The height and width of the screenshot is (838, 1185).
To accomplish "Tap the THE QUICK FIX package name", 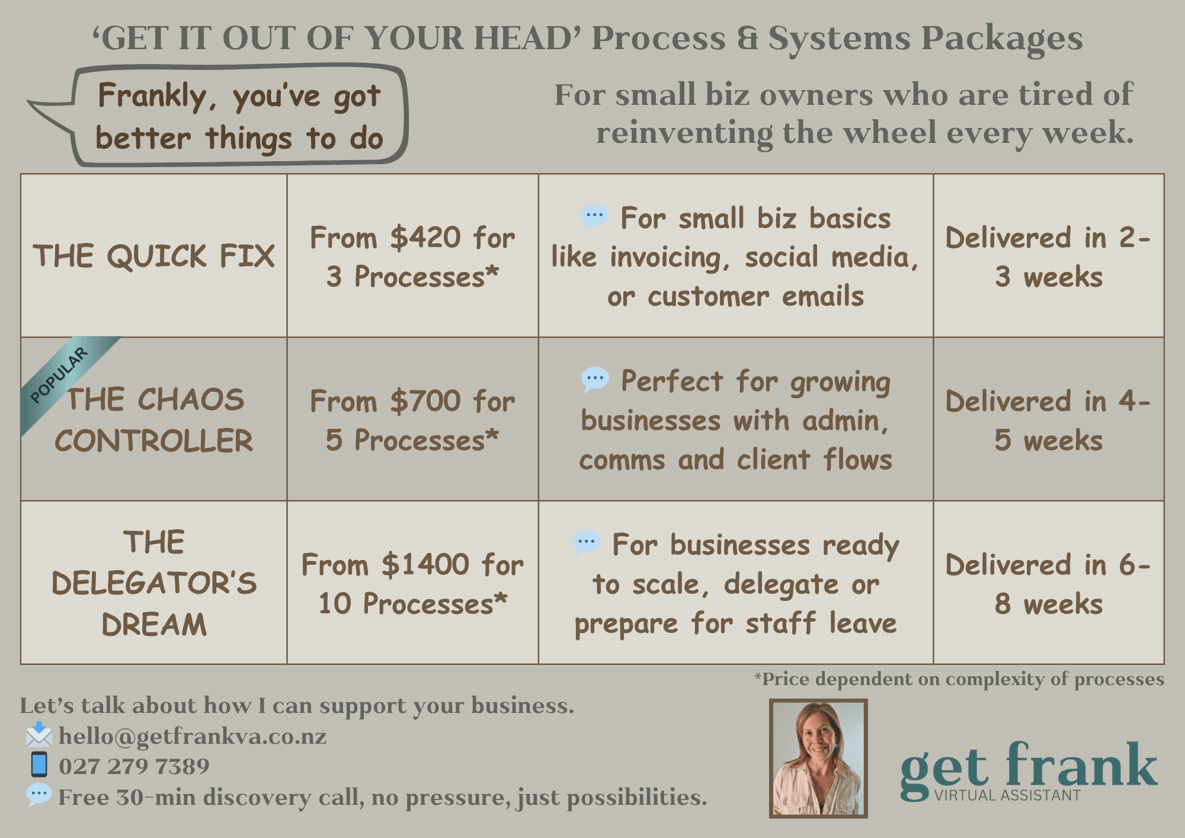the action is click(x=154, y=256).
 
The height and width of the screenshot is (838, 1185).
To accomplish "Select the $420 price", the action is click(x=425, y=238).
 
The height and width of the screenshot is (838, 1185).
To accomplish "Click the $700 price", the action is click(x=425, y=401).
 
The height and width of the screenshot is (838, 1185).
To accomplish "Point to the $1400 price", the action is click(x=425, y=565).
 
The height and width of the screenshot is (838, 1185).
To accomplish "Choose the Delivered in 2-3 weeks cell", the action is click(x=1049, y=257).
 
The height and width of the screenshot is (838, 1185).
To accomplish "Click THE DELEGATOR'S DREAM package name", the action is click(x=154, y=583).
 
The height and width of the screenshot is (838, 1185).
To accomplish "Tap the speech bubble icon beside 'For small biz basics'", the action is click(x=594, y=216).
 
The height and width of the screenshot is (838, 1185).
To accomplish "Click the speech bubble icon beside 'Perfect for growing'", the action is click(x=595, y=379).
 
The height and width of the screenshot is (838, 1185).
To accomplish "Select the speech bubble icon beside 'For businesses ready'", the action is click(x=587, y=543).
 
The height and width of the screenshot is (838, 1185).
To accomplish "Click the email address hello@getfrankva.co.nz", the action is click(x=193, y=736).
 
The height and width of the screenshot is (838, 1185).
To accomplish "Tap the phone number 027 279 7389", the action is click(x=134, y=766).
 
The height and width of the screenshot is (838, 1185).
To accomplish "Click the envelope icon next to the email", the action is click(x=39, y=735).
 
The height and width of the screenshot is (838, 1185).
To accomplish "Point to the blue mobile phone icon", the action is click(x=39, y=765).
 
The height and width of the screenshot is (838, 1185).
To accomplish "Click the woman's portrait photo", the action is click(x=818, y=759).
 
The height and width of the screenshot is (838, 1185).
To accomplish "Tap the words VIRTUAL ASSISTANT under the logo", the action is click(x=1007, y=795).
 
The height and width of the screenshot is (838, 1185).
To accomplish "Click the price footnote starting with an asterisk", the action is click(x=959, y=679).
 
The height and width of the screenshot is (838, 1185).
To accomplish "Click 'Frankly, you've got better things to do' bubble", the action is click(x=239, y=117).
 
